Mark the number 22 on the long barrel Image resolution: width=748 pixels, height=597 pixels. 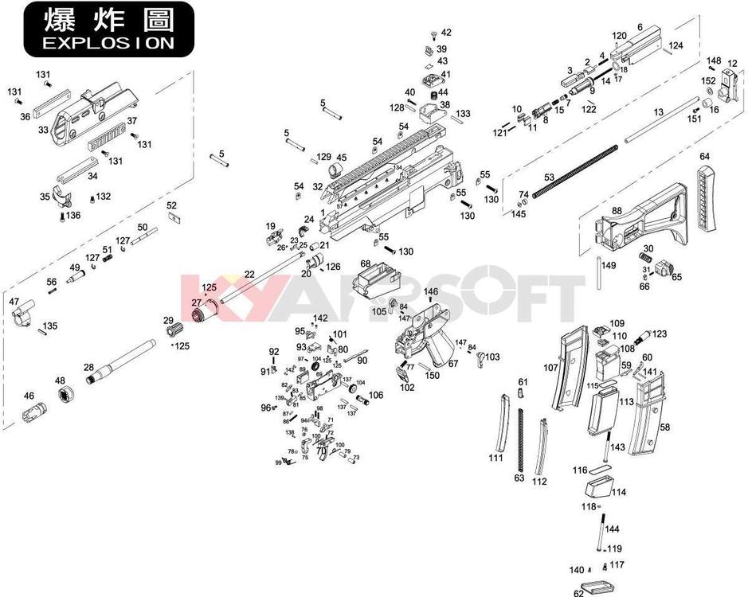coord(249,274)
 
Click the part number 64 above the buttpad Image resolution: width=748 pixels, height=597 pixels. coord(704,157)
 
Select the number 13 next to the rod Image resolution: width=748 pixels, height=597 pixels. coord(658,113)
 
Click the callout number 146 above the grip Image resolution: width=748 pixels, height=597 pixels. coord(431,292)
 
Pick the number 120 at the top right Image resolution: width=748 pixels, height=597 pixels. coord(619,36)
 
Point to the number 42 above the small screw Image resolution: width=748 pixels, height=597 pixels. coord(445,33)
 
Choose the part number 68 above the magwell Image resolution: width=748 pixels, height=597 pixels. coord(366,263)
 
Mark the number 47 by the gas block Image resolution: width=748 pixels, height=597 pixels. coord(14,302)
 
